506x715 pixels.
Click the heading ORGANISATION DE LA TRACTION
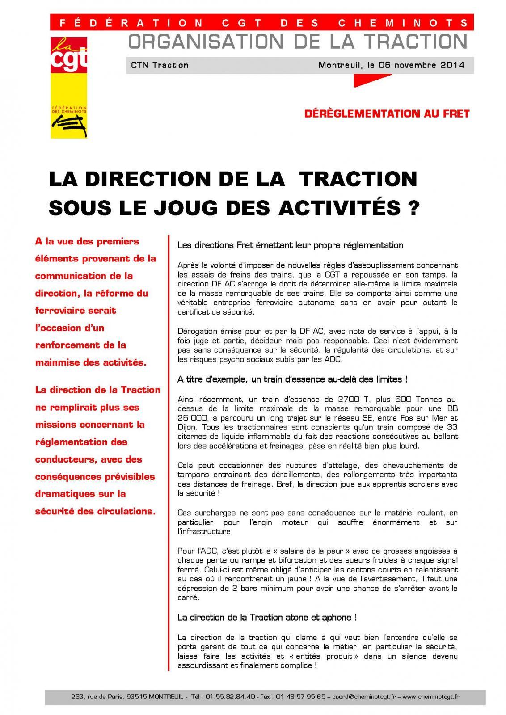pyautogui.click(x=297, y=42)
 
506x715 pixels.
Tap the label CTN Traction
pyautogui.click(x=160, y=65)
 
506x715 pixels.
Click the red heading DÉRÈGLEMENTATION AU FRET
pyautogui.click(x=387, y=114)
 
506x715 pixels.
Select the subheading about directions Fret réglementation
pyautogui.click(x=290, y=245)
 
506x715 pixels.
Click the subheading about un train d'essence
pyautogui.click(x=292, y=379)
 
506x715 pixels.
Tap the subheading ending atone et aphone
pyautogui.click(x=266, y=618)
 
